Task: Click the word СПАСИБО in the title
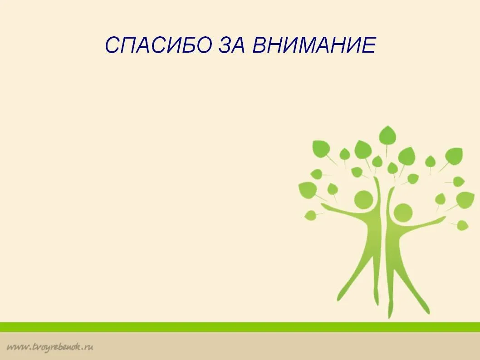point(158,45)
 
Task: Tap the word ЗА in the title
point(232,45)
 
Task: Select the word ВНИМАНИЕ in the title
point(314,45)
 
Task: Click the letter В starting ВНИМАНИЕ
point(260,45)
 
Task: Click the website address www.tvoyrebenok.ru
point(50,347)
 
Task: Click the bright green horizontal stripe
point(240,327)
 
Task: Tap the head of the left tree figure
point(363,200)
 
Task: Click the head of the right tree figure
point(403,212)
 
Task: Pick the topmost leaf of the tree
point(387,135)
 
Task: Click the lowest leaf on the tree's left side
point(310,215)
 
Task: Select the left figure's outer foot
point(339,296)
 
